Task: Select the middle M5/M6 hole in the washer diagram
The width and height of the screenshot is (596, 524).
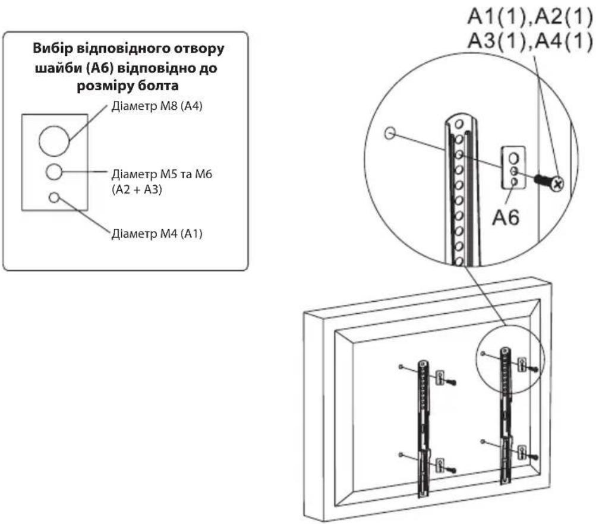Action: point(54,172)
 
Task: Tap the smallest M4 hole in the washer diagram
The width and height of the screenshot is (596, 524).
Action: point(54,197)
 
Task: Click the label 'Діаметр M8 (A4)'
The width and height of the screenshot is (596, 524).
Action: point(157,106)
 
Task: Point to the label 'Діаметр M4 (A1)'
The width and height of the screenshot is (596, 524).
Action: point(157,233)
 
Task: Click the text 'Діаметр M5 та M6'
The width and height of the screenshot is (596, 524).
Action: point(162,174)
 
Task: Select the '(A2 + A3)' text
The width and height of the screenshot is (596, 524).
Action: point(137,189)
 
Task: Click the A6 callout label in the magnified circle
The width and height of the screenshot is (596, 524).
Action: point(506,217)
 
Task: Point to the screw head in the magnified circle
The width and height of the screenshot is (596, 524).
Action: point(557,184)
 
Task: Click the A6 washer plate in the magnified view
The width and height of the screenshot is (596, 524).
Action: point(513,168)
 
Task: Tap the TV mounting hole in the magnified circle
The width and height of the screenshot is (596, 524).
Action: point(390,133)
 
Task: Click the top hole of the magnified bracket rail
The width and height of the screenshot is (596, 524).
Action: point(459,124)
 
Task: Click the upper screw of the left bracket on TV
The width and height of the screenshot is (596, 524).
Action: point(452,382)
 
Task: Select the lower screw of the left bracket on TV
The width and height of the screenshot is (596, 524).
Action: point(452,470)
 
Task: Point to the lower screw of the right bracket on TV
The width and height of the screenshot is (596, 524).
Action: point(534,457)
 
